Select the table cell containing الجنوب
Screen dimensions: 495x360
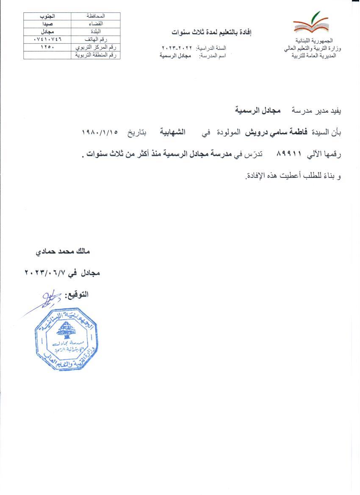(47, 16)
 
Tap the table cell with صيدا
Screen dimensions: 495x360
(47, 24)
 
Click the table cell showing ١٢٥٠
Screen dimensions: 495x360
(47, 47)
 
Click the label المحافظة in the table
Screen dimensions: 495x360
(95, 16)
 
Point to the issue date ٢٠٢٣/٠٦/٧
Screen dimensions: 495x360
(47, 273)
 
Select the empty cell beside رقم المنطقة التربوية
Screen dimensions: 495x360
(47, 55)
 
